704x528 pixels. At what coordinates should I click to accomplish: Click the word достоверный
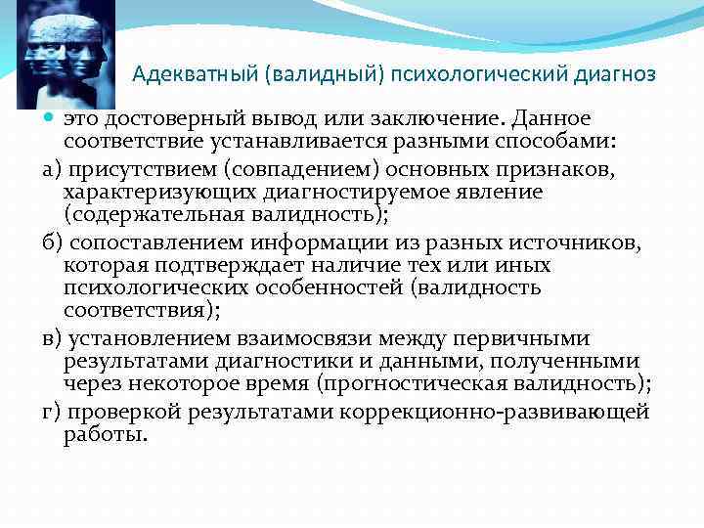pos(164,119)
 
